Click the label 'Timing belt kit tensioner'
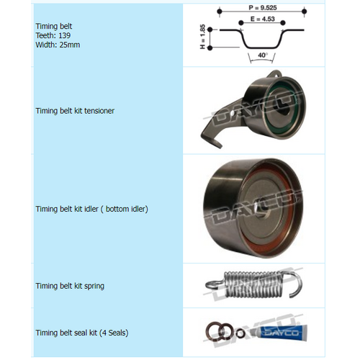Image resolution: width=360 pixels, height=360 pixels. point(75,112)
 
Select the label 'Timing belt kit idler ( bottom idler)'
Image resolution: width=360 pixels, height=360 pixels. point(91,209)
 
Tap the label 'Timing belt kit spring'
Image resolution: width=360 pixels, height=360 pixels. point(70,286)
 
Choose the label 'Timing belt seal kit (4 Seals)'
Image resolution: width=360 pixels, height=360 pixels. point(82,333)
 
